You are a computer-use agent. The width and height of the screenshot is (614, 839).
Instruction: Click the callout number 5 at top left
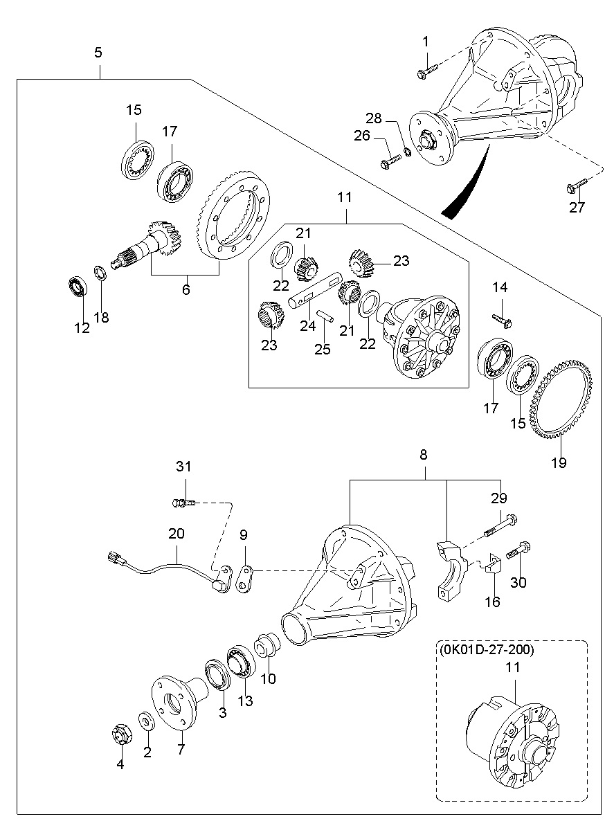tap(98, 53)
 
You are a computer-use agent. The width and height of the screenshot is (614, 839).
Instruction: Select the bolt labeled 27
tap(575, 185)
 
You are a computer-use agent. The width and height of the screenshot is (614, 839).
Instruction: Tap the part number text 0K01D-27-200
tap(487, 651)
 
